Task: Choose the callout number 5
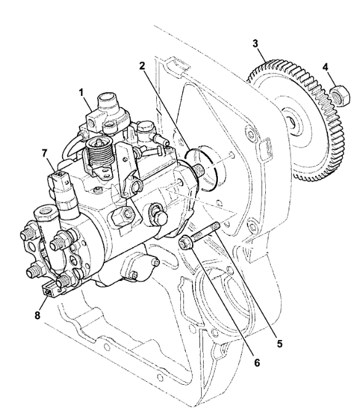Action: [x=281, y=342]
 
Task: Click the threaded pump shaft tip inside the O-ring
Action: [x=201, y=168]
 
